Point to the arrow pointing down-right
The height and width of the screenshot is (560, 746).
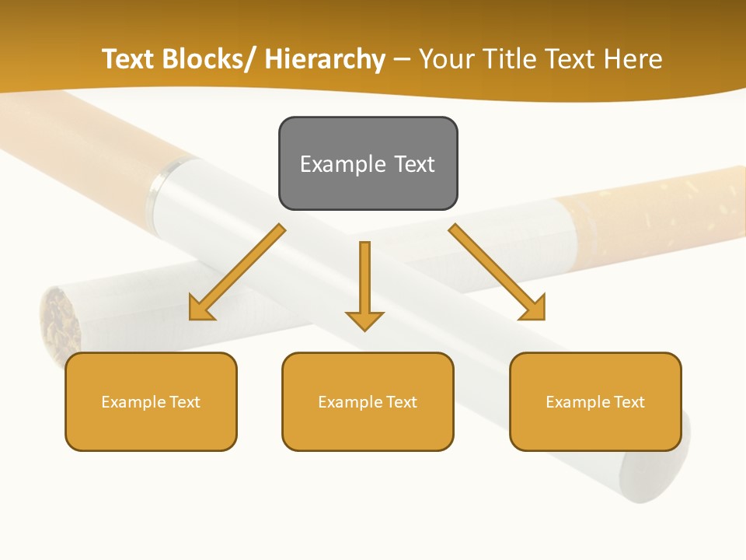coord(497,272)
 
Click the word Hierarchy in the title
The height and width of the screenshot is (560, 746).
coord(325,59)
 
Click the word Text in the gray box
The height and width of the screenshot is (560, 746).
coord(414,164)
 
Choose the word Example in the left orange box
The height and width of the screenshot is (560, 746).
coord(134,402)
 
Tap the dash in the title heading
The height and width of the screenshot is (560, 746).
coord(402,59)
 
